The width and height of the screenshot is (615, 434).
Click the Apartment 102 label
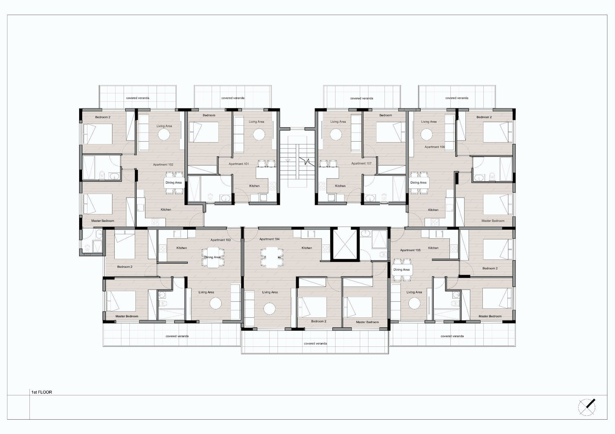(163, 165)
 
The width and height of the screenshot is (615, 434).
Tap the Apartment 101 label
(239, 164)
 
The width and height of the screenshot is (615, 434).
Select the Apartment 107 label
(361, 163)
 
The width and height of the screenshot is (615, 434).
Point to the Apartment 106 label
(435, 147)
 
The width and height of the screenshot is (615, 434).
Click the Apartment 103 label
(220, 240)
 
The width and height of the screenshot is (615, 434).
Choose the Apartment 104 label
(269, 239)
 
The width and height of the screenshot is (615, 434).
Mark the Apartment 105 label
(410, 250)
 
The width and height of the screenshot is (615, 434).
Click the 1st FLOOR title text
(42, 392)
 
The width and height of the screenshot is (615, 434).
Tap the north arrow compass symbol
(587, 407)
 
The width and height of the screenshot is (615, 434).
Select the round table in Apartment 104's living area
(269, 309)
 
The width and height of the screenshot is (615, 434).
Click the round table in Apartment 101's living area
(259, 135)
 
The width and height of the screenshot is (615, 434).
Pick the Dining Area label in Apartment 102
(173, 183)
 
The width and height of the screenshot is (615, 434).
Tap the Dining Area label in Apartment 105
(401, 270)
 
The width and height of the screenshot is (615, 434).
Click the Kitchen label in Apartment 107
(340, 186)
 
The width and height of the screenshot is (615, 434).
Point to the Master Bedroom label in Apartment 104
(367, 322)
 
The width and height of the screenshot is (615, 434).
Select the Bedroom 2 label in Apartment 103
(125, 267)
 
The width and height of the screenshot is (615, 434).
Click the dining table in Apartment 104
(272, 258)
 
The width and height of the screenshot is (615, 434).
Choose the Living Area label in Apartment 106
(429, 122)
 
